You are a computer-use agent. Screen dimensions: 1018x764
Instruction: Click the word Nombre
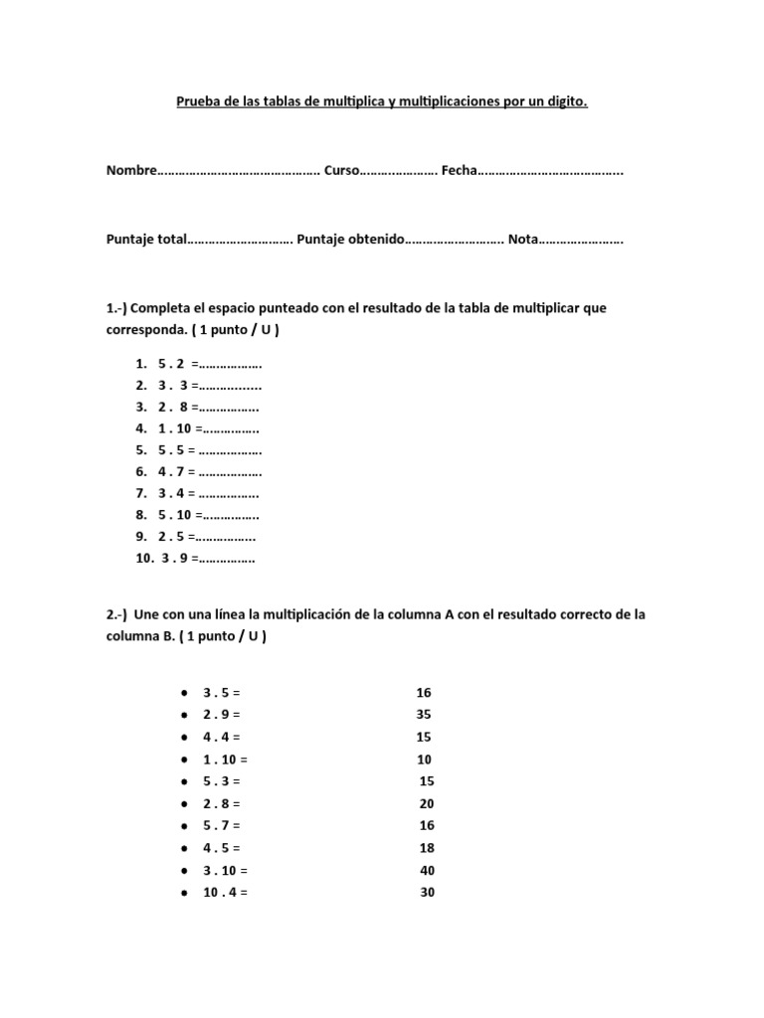point(131,172)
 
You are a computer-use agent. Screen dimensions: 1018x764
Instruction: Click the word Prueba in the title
point(197,101)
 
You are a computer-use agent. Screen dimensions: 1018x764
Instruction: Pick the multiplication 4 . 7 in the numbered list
point(172,472)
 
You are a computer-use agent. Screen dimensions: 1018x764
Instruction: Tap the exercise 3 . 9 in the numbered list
point(176,559)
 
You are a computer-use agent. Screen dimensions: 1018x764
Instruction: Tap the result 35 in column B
point(424,715)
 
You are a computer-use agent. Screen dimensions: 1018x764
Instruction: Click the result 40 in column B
point(427,870)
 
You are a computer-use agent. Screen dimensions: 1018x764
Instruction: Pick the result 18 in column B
point(427,848)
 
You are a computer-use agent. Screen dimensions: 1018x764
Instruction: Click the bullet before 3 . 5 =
point(185,693)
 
